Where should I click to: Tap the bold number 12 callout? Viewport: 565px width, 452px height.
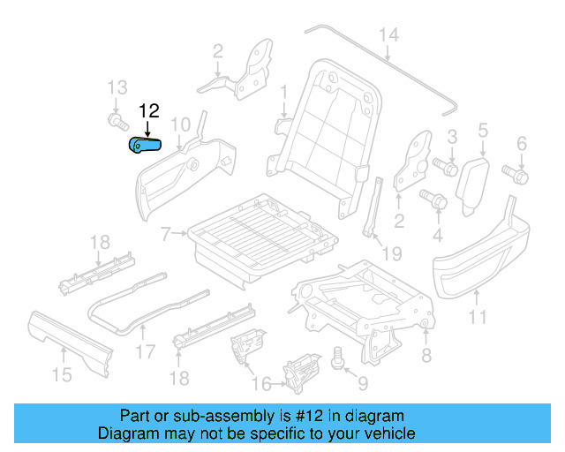[x=148, y=111]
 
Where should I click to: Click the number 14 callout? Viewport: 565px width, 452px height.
[x=388, y=35]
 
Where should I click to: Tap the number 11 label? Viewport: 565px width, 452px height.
[x=477, y=315]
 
